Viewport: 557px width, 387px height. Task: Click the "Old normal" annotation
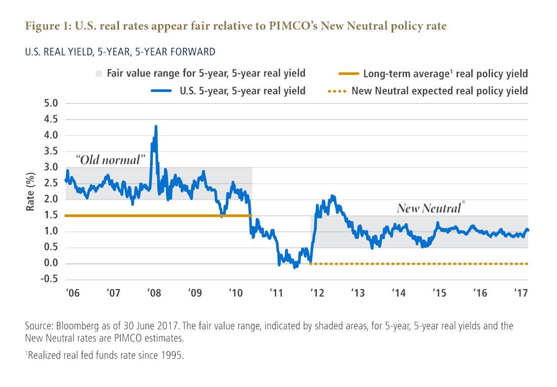(110, 160)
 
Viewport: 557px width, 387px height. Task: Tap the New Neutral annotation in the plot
(429, 208)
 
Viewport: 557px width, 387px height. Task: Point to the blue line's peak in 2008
(155, 126)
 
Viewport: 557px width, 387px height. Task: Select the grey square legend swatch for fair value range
(98, 74)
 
